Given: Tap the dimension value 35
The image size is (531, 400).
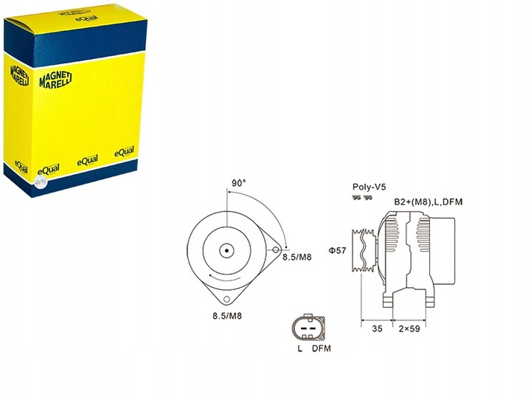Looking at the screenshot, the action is [x=377, y=330].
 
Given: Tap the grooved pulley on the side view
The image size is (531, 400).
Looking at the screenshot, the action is [x=365, y=251].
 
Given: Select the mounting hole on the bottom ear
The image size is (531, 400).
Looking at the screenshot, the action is [x=226, y=298].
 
